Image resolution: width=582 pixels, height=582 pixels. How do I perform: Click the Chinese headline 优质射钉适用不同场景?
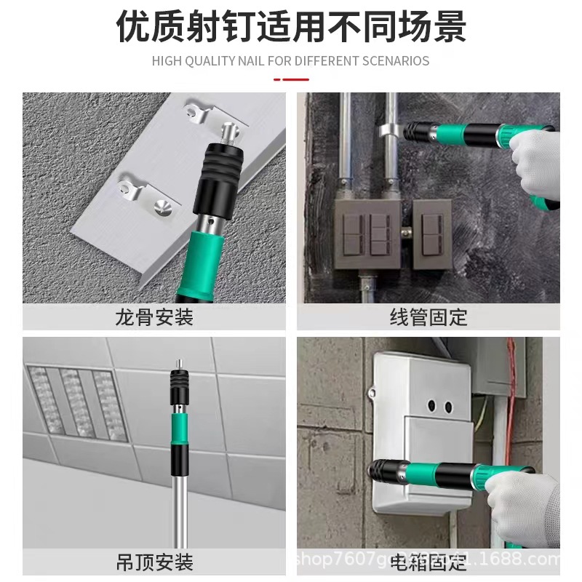(x=291, y=27)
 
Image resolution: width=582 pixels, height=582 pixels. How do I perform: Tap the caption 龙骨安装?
(x=154, y=318)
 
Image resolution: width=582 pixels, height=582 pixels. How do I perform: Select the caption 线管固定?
(x=428, y=318)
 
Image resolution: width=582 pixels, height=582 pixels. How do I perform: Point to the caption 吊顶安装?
(x=154, y=562)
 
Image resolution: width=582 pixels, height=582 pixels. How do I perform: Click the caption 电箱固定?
(x=428, y=562)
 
